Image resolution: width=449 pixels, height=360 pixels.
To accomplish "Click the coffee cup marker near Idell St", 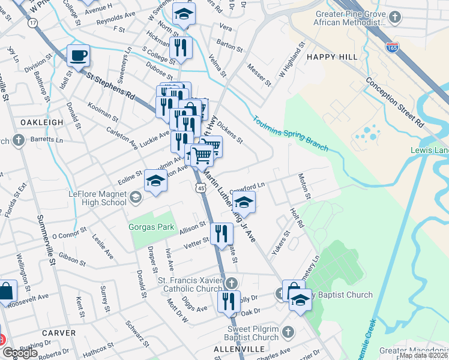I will [78, 56].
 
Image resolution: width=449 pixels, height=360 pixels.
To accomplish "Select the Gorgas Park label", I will [151, 227].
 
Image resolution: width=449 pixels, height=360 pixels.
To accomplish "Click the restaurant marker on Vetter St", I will [221, 234].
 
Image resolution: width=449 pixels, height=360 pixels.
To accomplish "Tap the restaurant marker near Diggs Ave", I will [229, 302].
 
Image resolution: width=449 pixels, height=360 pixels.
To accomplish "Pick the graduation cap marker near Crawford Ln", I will [244, 202].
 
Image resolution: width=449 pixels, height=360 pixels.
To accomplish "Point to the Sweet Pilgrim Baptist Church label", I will [253, 333].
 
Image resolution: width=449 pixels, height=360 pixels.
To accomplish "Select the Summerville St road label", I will [46, 240].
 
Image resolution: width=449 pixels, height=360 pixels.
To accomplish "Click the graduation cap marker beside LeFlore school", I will [155, 181].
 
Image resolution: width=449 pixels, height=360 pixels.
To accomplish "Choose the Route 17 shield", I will [32, 22].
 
